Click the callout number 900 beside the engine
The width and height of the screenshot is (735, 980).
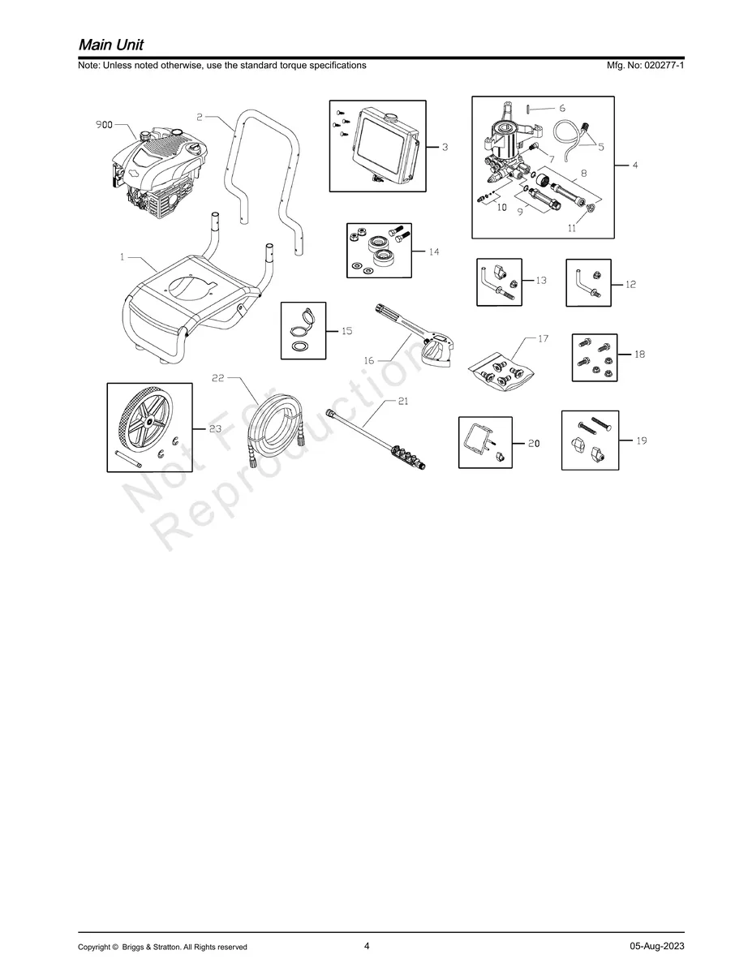[x=104, y=125]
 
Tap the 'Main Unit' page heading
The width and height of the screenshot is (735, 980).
[x=111, y=45]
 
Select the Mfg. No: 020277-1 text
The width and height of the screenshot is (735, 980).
[x=645, y=65]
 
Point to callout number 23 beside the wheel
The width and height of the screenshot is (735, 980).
[x=215, y=428]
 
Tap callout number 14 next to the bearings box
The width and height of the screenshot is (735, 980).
[x=434, y=251]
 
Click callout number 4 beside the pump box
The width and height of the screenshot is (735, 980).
[x=635, y=165]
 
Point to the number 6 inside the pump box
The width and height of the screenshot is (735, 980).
[x=562, y=108]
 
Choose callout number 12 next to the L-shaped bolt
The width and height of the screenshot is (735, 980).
[x=630, y=285]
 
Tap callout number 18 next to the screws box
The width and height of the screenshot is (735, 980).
[x=639, y=354]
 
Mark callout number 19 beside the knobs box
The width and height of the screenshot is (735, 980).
[x=641, y=441]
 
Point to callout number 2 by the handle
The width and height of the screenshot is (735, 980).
[x=200, y=117]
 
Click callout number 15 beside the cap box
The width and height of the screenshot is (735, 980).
[x=346, y=331]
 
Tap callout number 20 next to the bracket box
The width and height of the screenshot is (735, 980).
[x=534, y=443]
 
